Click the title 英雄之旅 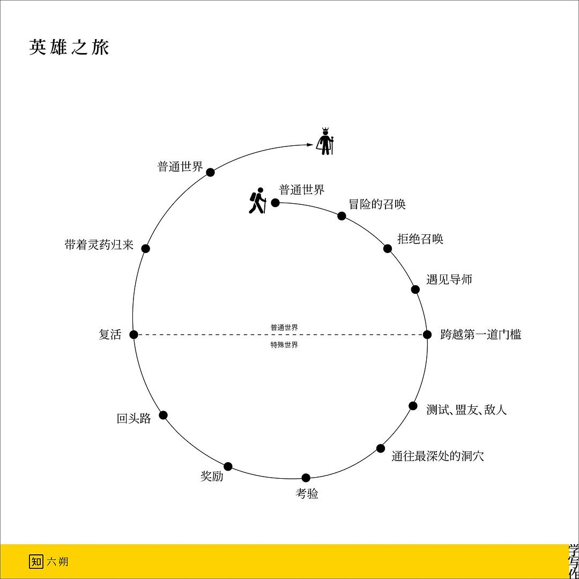[69, 48]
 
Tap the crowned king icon [325, 141]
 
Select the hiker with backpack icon [257, 201]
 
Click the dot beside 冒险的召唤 [342, 216]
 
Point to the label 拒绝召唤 [420, 239]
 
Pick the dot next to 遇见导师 [415, 289]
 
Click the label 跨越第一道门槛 [480, 334]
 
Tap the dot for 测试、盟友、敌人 [413, 405]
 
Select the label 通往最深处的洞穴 [437, 456]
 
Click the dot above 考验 [306, 478]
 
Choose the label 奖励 [212, 476]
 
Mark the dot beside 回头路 [163, 415]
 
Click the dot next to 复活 [133, 335]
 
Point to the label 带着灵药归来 [99, 244]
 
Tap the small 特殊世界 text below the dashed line [284, 345]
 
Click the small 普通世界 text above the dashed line [284, 327]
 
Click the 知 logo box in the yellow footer [36, 562]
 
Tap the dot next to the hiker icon [275, 202]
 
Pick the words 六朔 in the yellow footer [57, 562]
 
